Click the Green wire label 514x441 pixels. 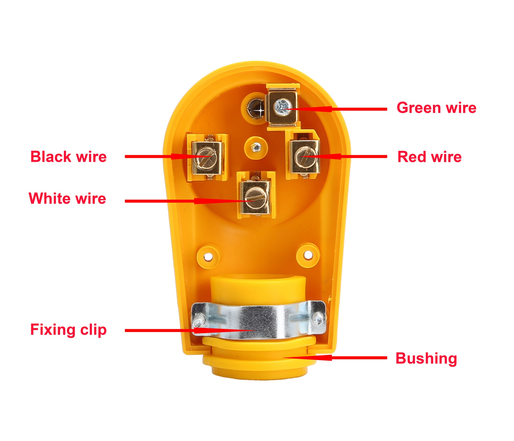pyautogui.click(x=436, y=108)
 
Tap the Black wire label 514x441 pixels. pyautogui.click(x=69, y=157)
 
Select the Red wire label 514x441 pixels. pyautogui.click(x=429, y=157)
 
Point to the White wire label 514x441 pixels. pyautogui.click(x=67, y=198)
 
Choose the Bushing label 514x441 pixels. pyautogui.click(x=426, y=359)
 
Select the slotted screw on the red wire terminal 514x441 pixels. pyautogui.click(x=305, y=157)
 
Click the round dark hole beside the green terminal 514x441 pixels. pyautogui.click(x=256, y=108)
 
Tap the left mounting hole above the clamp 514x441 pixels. pyautogui.click(x=208, y=256)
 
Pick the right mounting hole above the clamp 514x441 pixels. pyautogui.click(x=308, y=255)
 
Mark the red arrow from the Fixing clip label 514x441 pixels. pyautogui.click(x=190, y=330)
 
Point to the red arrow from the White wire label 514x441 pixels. pyautogui.click(x=190, y=201)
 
